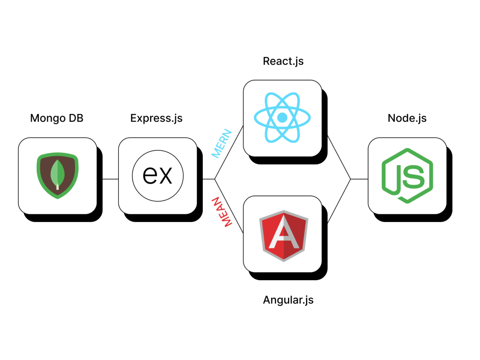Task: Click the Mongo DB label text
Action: [x=57, y=118]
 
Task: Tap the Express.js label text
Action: [x=156, y=118]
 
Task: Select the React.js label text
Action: [x=283, y=61]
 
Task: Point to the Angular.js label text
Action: [x=288, y=300]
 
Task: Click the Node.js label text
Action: [x=407, y=118]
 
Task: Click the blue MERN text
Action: [x=222, y=144]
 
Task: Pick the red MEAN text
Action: [x=222, y=212]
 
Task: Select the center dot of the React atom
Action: [x=282, y=117]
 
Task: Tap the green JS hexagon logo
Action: [x=407, y=176]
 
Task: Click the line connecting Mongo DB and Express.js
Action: [x=110, y=179]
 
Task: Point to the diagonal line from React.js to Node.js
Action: [x=339, y=157]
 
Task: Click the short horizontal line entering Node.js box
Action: [x=359, y=179]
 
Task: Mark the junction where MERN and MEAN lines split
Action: [x=214, y=179]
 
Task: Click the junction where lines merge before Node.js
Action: [x=351, y=179]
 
